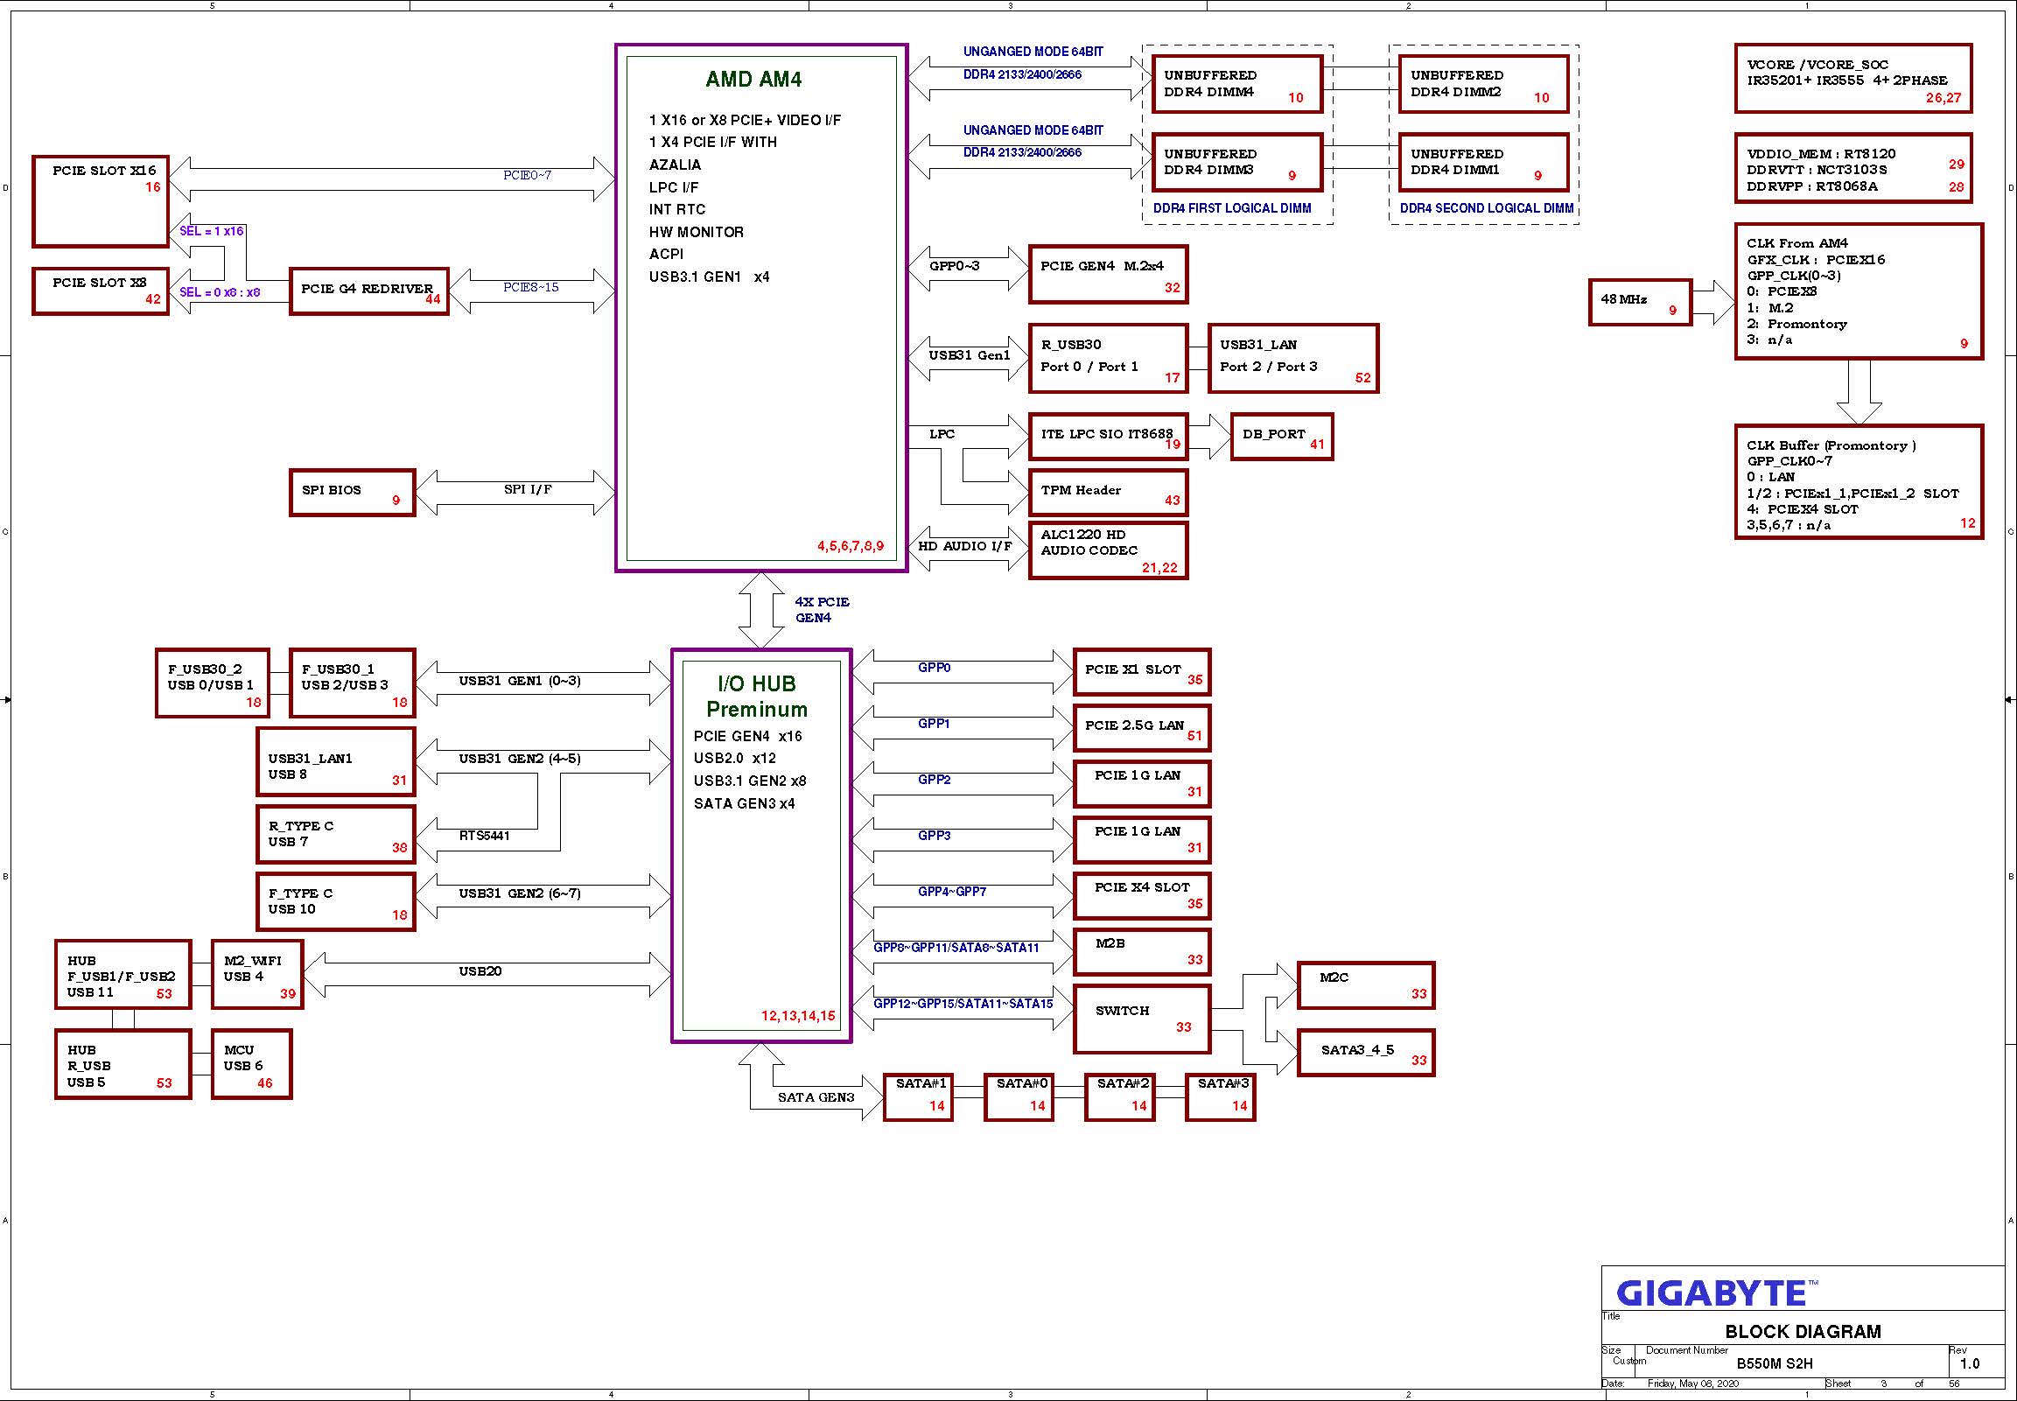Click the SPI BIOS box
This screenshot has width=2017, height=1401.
[x=352, y=493]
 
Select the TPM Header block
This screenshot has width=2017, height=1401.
[x=1109, y=493]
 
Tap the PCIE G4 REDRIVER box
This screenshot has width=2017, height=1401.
[x=369, y=291]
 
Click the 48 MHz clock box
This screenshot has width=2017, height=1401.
[x=1640, y=303]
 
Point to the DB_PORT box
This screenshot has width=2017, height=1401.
[x=1281, y=437]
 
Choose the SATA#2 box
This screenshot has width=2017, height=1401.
[x=1120, y=1096]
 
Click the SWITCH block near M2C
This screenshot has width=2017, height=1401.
[x=1142, y=1019]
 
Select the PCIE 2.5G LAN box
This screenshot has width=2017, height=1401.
[x=1142, y=728]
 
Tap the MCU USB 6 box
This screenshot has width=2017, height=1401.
[x=252, y=1064]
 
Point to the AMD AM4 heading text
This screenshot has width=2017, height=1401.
[x=753, y=79]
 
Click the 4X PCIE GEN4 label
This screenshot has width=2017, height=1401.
[x=822, y=610]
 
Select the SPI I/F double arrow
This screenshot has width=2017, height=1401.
[x=515, y=493]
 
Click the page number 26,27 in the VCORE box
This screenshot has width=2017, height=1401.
[x=1943, y=97]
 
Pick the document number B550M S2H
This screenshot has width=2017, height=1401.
[x=1774, y=1363]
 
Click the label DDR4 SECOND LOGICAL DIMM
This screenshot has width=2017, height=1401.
[x=1486, y=208]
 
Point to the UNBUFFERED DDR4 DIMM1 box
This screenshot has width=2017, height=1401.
[x=1483, y=163]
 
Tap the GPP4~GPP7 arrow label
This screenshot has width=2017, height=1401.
[x=952, y=892]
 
